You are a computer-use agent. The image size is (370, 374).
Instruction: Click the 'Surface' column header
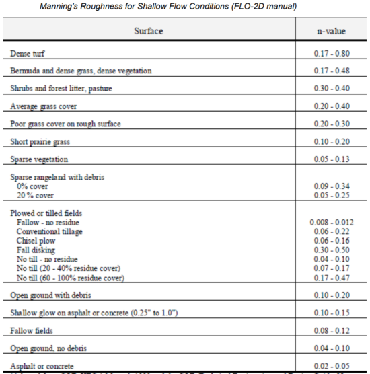point(148,31)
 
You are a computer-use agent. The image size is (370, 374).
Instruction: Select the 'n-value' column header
point(331,31)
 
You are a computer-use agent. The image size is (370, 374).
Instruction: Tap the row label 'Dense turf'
point(30,53)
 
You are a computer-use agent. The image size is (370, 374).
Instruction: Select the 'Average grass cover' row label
point(43,106)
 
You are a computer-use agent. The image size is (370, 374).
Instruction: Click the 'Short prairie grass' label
point(40,142)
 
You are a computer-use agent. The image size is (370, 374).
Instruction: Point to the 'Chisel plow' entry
point(37,240)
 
